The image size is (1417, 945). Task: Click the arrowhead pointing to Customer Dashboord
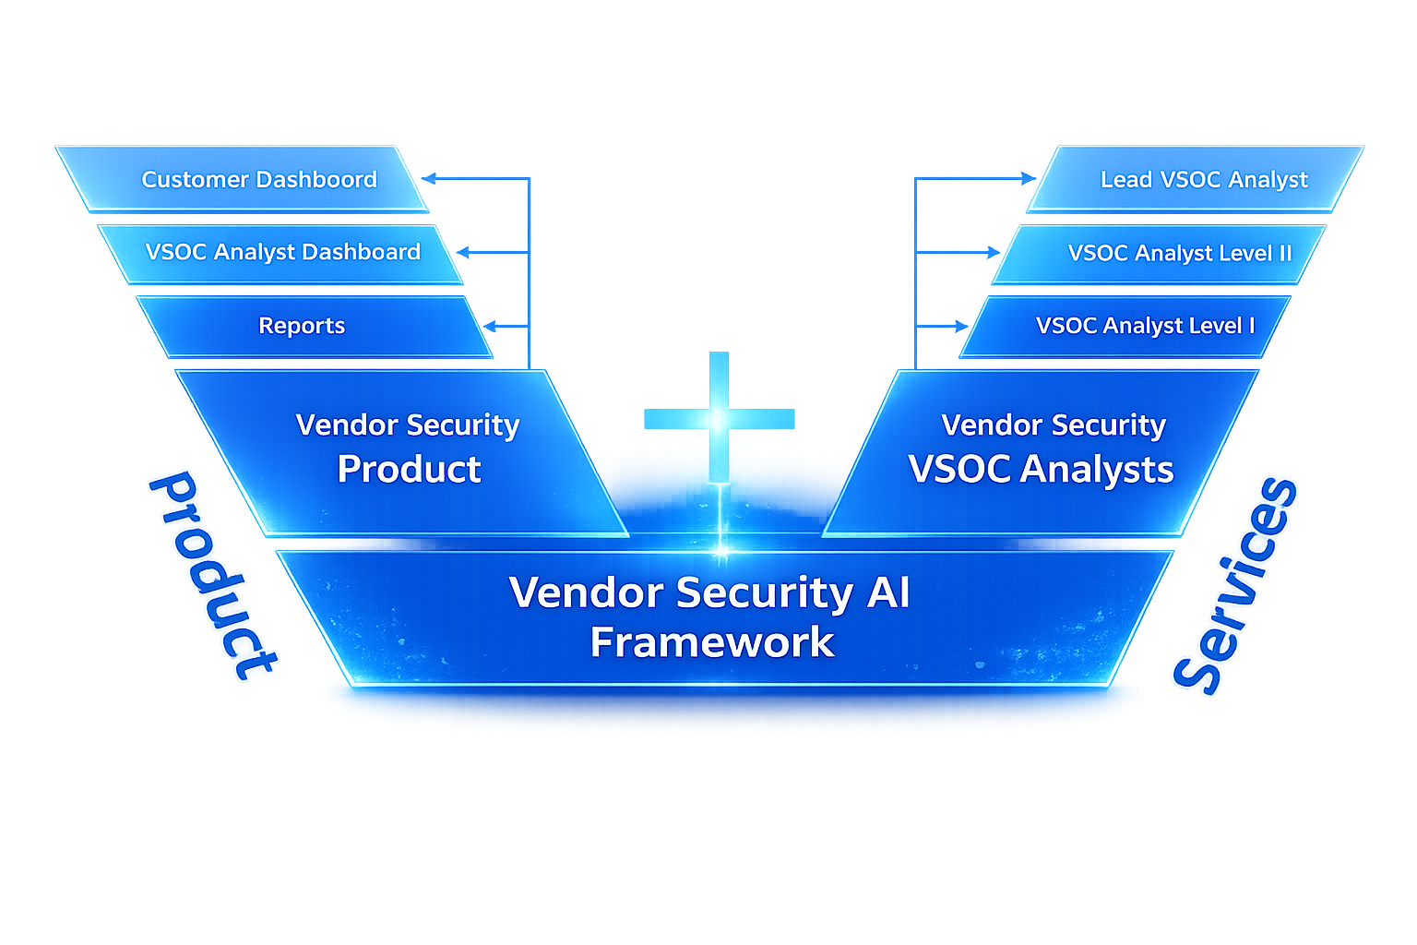pos(429,178)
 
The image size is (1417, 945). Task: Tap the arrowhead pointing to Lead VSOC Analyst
pos(1029,178)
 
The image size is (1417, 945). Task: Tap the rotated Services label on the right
pos(1234,585)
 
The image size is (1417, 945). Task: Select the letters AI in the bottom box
pos(887,592)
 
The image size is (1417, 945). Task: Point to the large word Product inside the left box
pos(409,470)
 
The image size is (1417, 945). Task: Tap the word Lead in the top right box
pos(1125,179)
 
